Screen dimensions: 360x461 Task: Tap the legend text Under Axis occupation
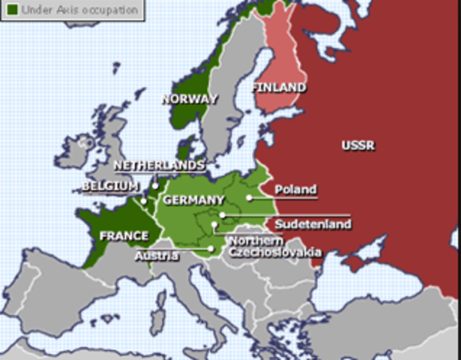[79, 10]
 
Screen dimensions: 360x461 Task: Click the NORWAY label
[189, 98]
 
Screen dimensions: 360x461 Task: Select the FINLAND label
[279, 87]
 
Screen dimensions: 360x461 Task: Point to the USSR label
[358, 145]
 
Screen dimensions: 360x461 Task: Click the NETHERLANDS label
[158, 165]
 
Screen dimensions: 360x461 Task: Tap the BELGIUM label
[111, 185]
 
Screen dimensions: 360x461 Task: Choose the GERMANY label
[193, 199]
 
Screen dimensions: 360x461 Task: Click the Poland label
[295, 190]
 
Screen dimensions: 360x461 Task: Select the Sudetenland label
[302, 224]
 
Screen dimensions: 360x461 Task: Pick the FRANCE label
[124, 235]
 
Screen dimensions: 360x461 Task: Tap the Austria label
[157, 256]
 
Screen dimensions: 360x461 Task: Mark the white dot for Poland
[249, 198]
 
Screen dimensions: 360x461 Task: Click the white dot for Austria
[212, 249]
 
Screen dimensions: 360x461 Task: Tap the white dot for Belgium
[143, 201]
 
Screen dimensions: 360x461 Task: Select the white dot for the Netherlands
[155, 185]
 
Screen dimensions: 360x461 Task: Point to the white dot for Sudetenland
[222, 215]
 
